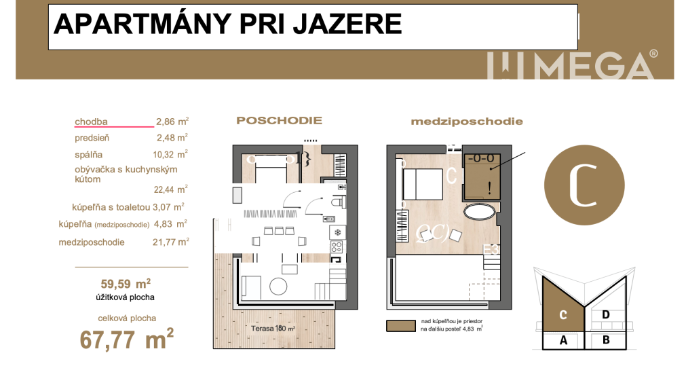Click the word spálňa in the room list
[x=89, y=153]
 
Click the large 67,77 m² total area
[x=127, y=338]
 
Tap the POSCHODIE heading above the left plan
[x=279, y=121]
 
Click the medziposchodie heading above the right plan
[x=467, y=122]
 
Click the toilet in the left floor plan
[x=337, y=202]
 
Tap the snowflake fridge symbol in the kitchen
[x=337, y=233]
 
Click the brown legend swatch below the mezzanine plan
[x=400, y=326]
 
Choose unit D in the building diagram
[x=605, y=314]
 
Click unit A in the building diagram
[x=562, y=341]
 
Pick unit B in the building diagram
[x=606, y=341]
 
